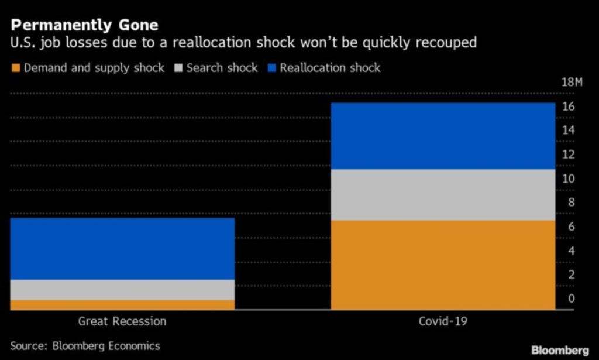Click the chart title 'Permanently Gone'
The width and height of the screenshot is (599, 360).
click(84, 25)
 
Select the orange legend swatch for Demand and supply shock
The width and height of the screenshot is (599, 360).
click(16, 68)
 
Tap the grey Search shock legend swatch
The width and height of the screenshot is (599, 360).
click(178, 68)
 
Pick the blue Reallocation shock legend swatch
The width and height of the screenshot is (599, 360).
click(272, 68)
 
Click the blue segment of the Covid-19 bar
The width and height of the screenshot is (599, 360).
click(443, 136)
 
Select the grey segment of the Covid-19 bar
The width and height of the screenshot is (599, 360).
click(443, 195)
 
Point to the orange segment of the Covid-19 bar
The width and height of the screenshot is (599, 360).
click(443, 265)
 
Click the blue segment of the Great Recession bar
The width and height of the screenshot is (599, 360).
click(122, 249)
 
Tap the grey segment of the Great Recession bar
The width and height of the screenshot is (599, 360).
click(122, 290)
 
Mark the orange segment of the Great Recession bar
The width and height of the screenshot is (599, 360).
click(122, 304)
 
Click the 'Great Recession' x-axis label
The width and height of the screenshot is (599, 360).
click(122, 321)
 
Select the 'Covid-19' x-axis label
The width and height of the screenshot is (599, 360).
click(443, 321)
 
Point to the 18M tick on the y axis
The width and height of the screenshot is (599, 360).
click(572, 82)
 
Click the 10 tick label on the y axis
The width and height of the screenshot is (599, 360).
click(569, 179)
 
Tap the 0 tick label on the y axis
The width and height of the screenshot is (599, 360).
click(571, 299)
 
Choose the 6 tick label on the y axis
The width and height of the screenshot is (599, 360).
click(571, 227)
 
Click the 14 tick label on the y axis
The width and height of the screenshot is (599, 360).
click(569, 131)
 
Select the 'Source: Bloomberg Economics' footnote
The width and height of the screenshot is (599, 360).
click(85, 346)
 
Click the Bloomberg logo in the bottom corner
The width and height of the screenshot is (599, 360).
click(560, 350)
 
